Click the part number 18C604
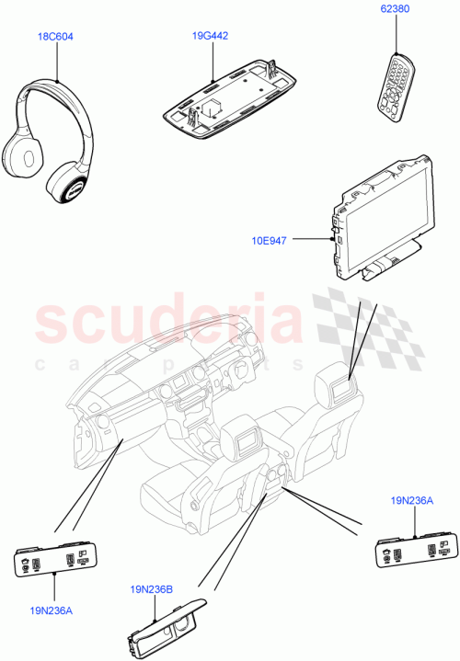pyautogui.click(x=55, y=37)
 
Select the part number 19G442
pyautogui.click(x=210, y=36)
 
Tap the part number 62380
pyautogui.click(x=395, y=11)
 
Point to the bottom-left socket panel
pyautogui.click(x=55, y=558)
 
